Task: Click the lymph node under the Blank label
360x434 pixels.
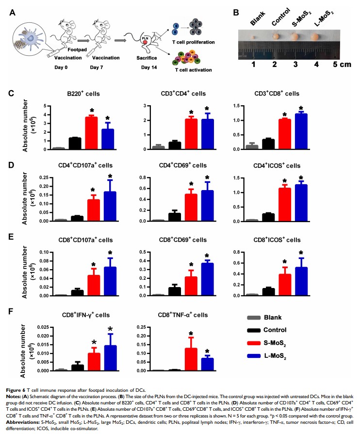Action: (x=253, y=36)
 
